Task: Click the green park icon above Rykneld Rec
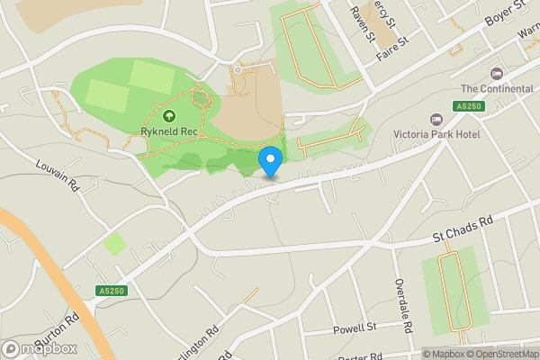[168, 115]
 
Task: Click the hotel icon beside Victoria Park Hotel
[437, 119]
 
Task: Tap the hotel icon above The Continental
[495, 73]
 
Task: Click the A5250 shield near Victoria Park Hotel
[467, 106]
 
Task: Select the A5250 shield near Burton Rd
[111, 291]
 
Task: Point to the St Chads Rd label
[463, 232]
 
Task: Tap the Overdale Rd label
[401, 301]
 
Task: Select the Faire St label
[393, 46]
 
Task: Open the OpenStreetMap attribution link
[499, 354]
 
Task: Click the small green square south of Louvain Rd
[115, 243]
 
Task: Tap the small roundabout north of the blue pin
[238, 68]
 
